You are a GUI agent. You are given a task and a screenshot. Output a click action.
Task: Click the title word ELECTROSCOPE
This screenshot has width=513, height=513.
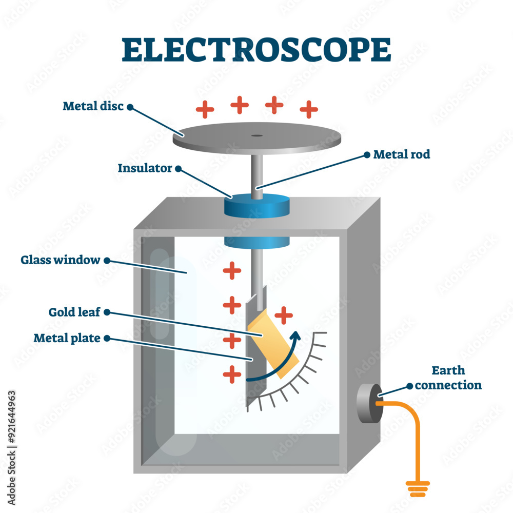(x=256, y=50)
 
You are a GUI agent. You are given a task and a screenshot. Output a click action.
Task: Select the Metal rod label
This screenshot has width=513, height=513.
(x=401, y=154)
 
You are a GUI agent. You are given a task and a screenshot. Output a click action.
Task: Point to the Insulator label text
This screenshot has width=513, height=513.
(x=145, y=168)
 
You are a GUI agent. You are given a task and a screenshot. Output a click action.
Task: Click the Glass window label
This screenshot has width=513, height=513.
(x=60, y=260)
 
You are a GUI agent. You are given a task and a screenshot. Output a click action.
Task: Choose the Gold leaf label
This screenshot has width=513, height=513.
(x=75, y=311)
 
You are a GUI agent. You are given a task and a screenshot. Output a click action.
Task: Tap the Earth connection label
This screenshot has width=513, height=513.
(x=448, y=378)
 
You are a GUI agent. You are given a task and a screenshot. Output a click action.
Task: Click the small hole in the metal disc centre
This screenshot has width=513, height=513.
(x=256, y=136)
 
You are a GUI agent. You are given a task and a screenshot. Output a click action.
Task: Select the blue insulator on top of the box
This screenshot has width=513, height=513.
(x=256, y=205)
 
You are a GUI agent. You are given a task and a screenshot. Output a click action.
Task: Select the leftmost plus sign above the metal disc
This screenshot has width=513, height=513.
(x=205, y=109)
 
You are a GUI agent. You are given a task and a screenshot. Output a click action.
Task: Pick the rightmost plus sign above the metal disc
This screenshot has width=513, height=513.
(x=309, y=109)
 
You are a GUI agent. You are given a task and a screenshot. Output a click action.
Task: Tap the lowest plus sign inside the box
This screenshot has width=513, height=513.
(x=232, y=374)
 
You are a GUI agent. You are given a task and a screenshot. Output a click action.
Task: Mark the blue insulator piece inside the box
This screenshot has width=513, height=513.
(x=256, y=241)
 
